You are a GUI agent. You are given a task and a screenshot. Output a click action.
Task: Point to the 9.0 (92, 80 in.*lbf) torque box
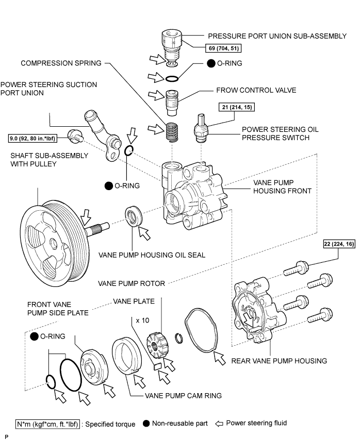[x=32, y=139]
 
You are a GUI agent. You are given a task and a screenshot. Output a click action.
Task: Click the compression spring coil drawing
[x=172, y=131]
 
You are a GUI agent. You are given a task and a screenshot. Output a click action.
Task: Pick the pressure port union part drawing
[x=172, y=48]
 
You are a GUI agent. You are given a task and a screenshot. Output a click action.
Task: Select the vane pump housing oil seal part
[x=134, y=215]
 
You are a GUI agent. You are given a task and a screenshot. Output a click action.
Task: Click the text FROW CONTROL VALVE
[x=256, y=90]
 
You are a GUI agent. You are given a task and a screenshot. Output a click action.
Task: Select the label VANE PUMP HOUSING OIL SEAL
[x=152, y=255]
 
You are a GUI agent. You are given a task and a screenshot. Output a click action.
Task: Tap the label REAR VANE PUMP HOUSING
[x=279, y=361]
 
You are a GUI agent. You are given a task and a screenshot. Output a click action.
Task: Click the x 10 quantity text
[x=143, y=320]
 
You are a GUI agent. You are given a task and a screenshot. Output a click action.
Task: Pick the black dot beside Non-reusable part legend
[x=146, y=424]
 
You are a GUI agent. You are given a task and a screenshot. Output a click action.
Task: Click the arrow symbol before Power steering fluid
[x=219, y=424]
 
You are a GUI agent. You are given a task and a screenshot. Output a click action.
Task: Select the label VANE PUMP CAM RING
[x=184, y=396]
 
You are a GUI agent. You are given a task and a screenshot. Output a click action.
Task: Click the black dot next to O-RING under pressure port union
[x=211, y=63]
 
